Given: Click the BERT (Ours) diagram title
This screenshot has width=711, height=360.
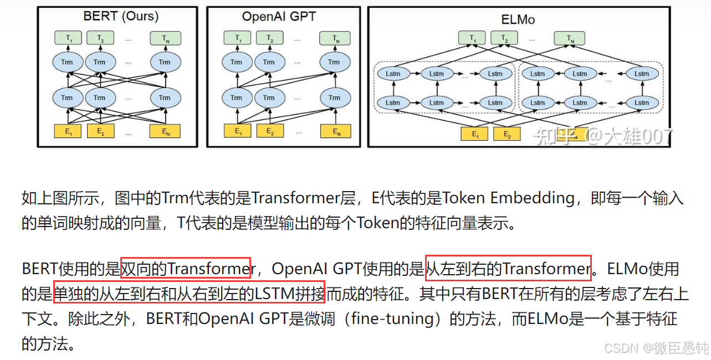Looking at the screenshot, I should (121, 17).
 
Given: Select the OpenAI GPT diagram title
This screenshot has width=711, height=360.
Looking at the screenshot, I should (279, 17).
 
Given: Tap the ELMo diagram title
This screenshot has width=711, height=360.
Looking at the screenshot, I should (518, 19).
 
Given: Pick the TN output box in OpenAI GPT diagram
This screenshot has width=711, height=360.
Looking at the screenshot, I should (335, 39).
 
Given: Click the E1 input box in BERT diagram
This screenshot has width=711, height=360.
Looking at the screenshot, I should (67, 131).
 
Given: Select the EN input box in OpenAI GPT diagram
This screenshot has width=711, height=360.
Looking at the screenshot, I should (335, 131).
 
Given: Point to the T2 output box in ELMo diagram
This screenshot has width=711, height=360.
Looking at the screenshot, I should (504, 38).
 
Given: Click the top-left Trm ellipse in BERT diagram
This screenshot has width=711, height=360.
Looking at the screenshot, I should (67, 62).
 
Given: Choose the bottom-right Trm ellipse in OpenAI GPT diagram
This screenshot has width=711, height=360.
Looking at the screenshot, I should (334, 98).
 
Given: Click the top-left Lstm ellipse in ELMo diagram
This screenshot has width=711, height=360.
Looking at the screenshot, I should (393, 73).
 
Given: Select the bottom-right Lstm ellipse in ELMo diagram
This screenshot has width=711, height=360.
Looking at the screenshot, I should (642, 103).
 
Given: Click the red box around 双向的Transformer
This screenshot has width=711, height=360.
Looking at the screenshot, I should (185, 269).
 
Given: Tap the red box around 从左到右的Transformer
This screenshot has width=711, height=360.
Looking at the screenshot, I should (508, 269).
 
